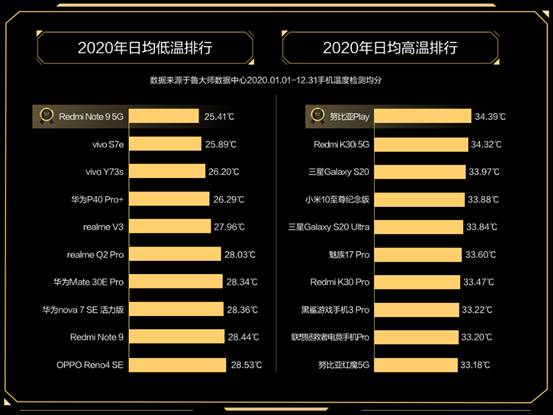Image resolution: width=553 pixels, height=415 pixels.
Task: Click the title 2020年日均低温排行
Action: [x=146, y=47]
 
